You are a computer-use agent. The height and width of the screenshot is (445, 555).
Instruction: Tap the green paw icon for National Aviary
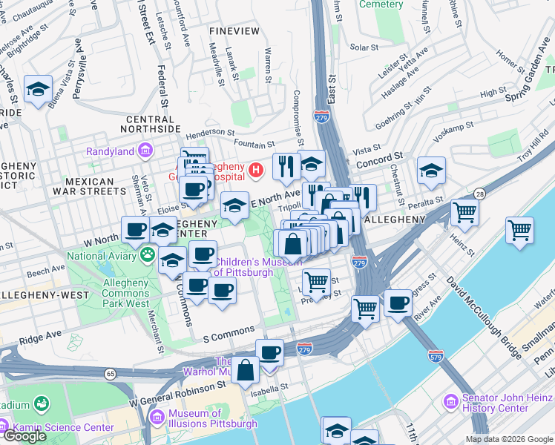148,256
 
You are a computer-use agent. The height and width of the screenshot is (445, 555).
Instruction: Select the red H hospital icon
256,171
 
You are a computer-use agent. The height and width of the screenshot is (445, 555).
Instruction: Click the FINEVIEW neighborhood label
234,31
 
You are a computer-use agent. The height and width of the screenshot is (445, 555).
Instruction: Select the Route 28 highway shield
479,194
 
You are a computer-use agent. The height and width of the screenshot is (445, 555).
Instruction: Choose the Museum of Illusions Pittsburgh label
212,419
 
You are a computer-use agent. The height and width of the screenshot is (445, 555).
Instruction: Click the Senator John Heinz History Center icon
450,401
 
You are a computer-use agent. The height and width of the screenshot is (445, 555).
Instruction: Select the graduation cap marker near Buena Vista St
38,90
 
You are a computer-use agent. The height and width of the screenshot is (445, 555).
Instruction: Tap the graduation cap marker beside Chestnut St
431,171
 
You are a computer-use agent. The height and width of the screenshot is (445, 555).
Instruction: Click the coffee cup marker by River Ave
398,303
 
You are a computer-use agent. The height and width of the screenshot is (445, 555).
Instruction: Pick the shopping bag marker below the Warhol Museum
245,369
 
